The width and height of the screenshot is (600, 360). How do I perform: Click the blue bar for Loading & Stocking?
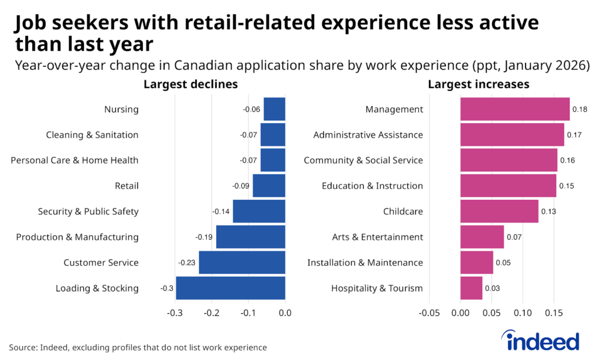(x=230, y=288)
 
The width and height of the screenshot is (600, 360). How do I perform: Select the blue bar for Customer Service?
(x=241, y=263)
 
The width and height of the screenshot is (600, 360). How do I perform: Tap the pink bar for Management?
(x=514, y=109)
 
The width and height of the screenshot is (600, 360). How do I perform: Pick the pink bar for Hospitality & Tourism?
(x=471, y=288)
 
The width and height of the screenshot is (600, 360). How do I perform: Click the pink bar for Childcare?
(x=499, y=211)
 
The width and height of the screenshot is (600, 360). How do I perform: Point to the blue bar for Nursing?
(x=274, y=109)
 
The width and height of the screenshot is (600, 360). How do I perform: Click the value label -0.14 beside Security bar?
(x=221, y=212)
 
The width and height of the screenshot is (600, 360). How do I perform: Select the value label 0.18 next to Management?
(x=579, y=110)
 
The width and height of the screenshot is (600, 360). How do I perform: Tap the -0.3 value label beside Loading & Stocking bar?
(x=167, y=288)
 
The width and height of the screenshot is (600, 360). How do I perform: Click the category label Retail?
(x=127, y=186)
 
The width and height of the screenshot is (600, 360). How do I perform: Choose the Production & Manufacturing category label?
(x=77, y=237)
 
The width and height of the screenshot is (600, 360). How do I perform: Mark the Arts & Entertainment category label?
(x=377, y=237)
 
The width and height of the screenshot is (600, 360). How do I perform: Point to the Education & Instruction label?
(x=372, y=186)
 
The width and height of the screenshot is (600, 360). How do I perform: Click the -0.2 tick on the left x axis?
(x=212, y=314)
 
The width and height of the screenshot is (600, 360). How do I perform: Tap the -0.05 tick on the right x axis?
(x=429, y=314)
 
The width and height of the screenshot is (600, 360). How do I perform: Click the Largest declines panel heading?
(x=190, y=84)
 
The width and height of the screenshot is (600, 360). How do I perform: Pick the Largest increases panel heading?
(x=478, y=84)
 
